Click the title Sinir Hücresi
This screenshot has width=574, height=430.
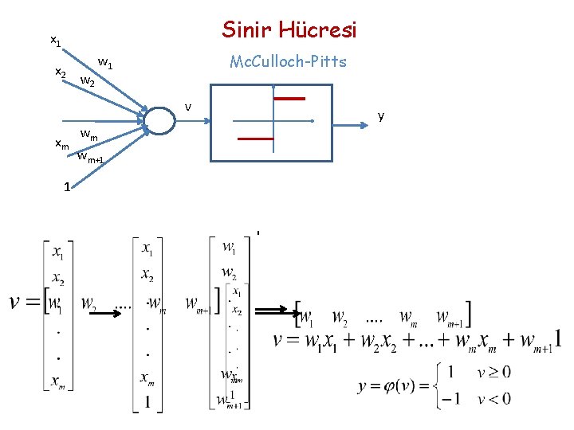pos(289,30)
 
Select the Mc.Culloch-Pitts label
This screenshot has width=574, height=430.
pos(288,61)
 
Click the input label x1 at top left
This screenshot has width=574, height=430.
pos(55,39)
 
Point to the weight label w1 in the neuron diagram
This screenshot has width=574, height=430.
pos(104,61)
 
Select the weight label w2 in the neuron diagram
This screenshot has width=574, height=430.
pos(88,80)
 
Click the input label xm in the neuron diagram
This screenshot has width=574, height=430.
pos(62,143)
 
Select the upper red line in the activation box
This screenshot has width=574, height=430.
pos(289,99)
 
